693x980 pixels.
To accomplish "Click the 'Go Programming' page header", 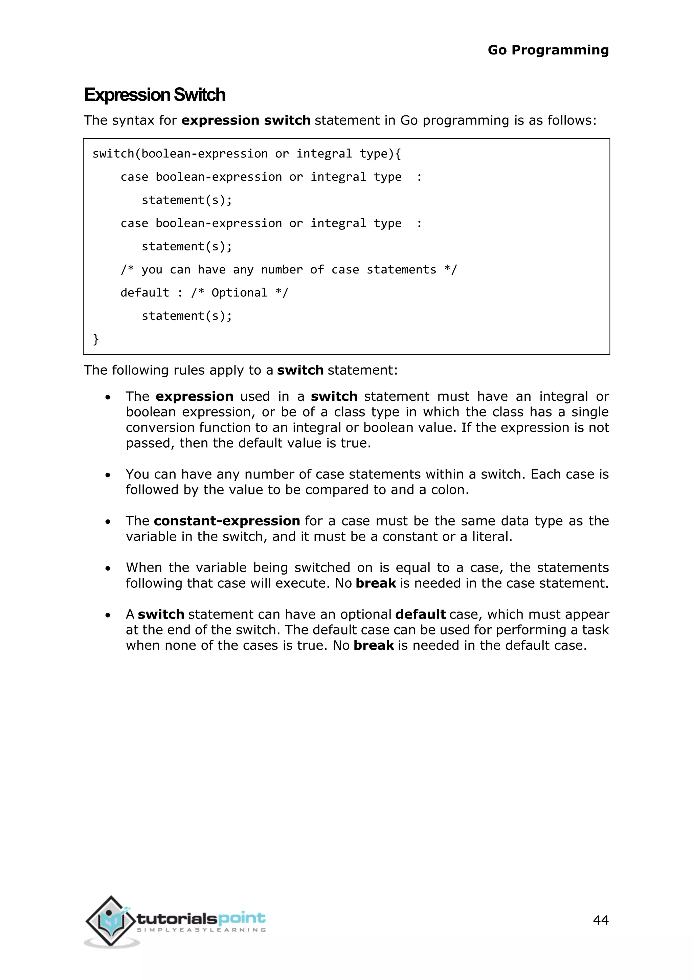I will pos(548,50).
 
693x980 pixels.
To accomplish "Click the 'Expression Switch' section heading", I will pos(155,95).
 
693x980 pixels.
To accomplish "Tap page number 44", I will pos(600,920).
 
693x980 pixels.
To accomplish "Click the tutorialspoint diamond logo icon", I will pos(111,921).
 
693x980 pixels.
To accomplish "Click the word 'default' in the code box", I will pos(145,293).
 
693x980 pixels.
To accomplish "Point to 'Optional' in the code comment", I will pos(239,293).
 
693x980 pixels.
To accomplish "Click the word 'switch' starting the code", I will pos(113,154).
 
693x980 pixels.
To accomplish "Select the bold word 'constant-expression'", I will pos(227,521).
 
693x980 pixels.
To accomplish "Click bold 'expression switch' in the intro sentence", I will pos(246,120).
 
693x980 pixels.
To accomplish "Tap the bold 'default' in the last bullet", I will pos(420,614).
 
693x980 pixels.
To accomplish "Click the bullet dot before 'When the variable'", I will pos(108,569).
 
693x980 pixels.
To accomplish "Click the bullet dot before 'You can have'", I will pos(108,475).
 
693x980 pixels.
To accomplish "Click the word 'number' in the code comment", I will pos(282,270).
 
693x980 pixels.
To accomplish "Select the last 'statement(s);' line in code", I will pos(186,316).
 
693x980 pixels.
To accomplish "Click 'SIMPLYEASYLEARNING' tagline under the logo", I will pos(201,930).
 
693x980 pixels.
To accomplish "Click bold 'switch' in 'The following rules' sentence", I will pos(300,370).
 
